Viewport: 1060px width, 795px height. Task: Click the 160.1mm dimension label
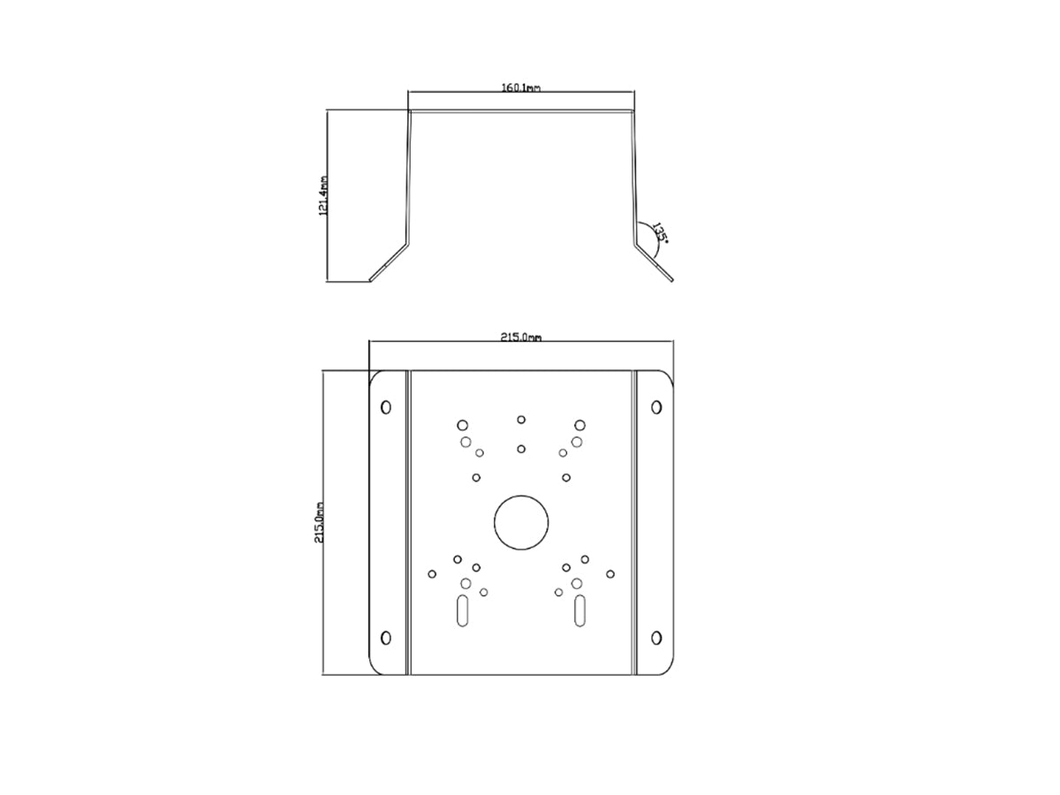click(520, 87)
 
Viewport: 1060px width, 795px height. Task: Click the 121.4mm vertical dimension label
click(324, 195)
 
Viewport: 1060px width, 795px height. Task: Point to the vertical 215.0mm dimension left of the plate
click(320, 522)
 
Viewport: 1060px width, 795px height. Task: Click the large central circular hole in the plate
click(521, 522)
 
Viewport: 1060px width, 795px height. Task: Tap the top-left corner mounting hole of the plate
click(385, 407)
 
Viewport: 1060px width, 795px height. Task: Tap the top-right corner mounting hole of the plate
click(656, 407)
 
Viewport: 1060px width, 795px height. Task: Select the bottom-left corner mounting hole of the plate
click(385, 638)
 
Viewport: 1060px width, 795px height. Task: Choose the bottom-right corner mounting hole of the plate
click(656, 638)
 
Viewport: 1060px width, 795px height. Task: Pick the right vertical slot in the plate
click(579, 611)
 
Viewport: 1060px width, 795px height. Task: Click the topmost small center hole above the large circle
click(521, 420)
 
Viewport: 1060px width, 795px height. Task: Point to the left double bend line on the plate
click(408, 522)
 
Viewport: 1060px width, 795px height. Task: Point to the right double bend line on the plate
click(633, 522)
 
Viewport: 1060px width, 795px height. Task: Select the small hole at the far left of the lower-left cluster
click(432, 574)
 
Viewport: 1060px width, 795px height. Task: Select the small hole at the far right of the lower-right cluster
click(610, 574)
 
